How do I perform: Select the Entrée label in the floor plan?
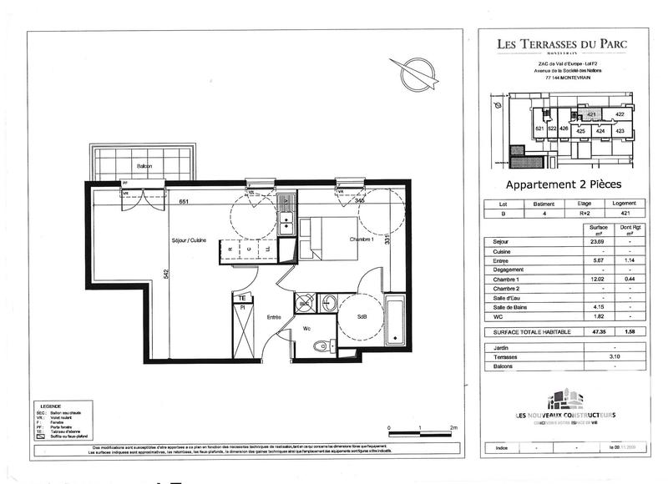273,317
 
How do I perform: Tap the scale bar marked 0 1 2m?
421,431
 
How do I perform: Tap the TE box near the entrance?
241,297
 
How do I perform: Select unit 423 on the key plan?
620,131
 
